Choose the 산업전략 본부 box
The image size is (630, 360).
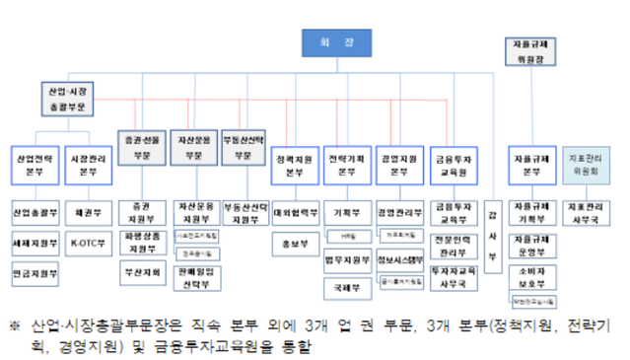36,164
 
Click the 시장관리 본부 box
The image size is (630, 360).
89,164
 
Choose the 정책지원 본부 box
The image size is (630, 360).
294,164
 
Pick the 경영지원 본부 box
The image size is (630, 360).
399,164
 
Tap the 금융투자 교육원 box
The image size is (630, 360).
454,164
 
